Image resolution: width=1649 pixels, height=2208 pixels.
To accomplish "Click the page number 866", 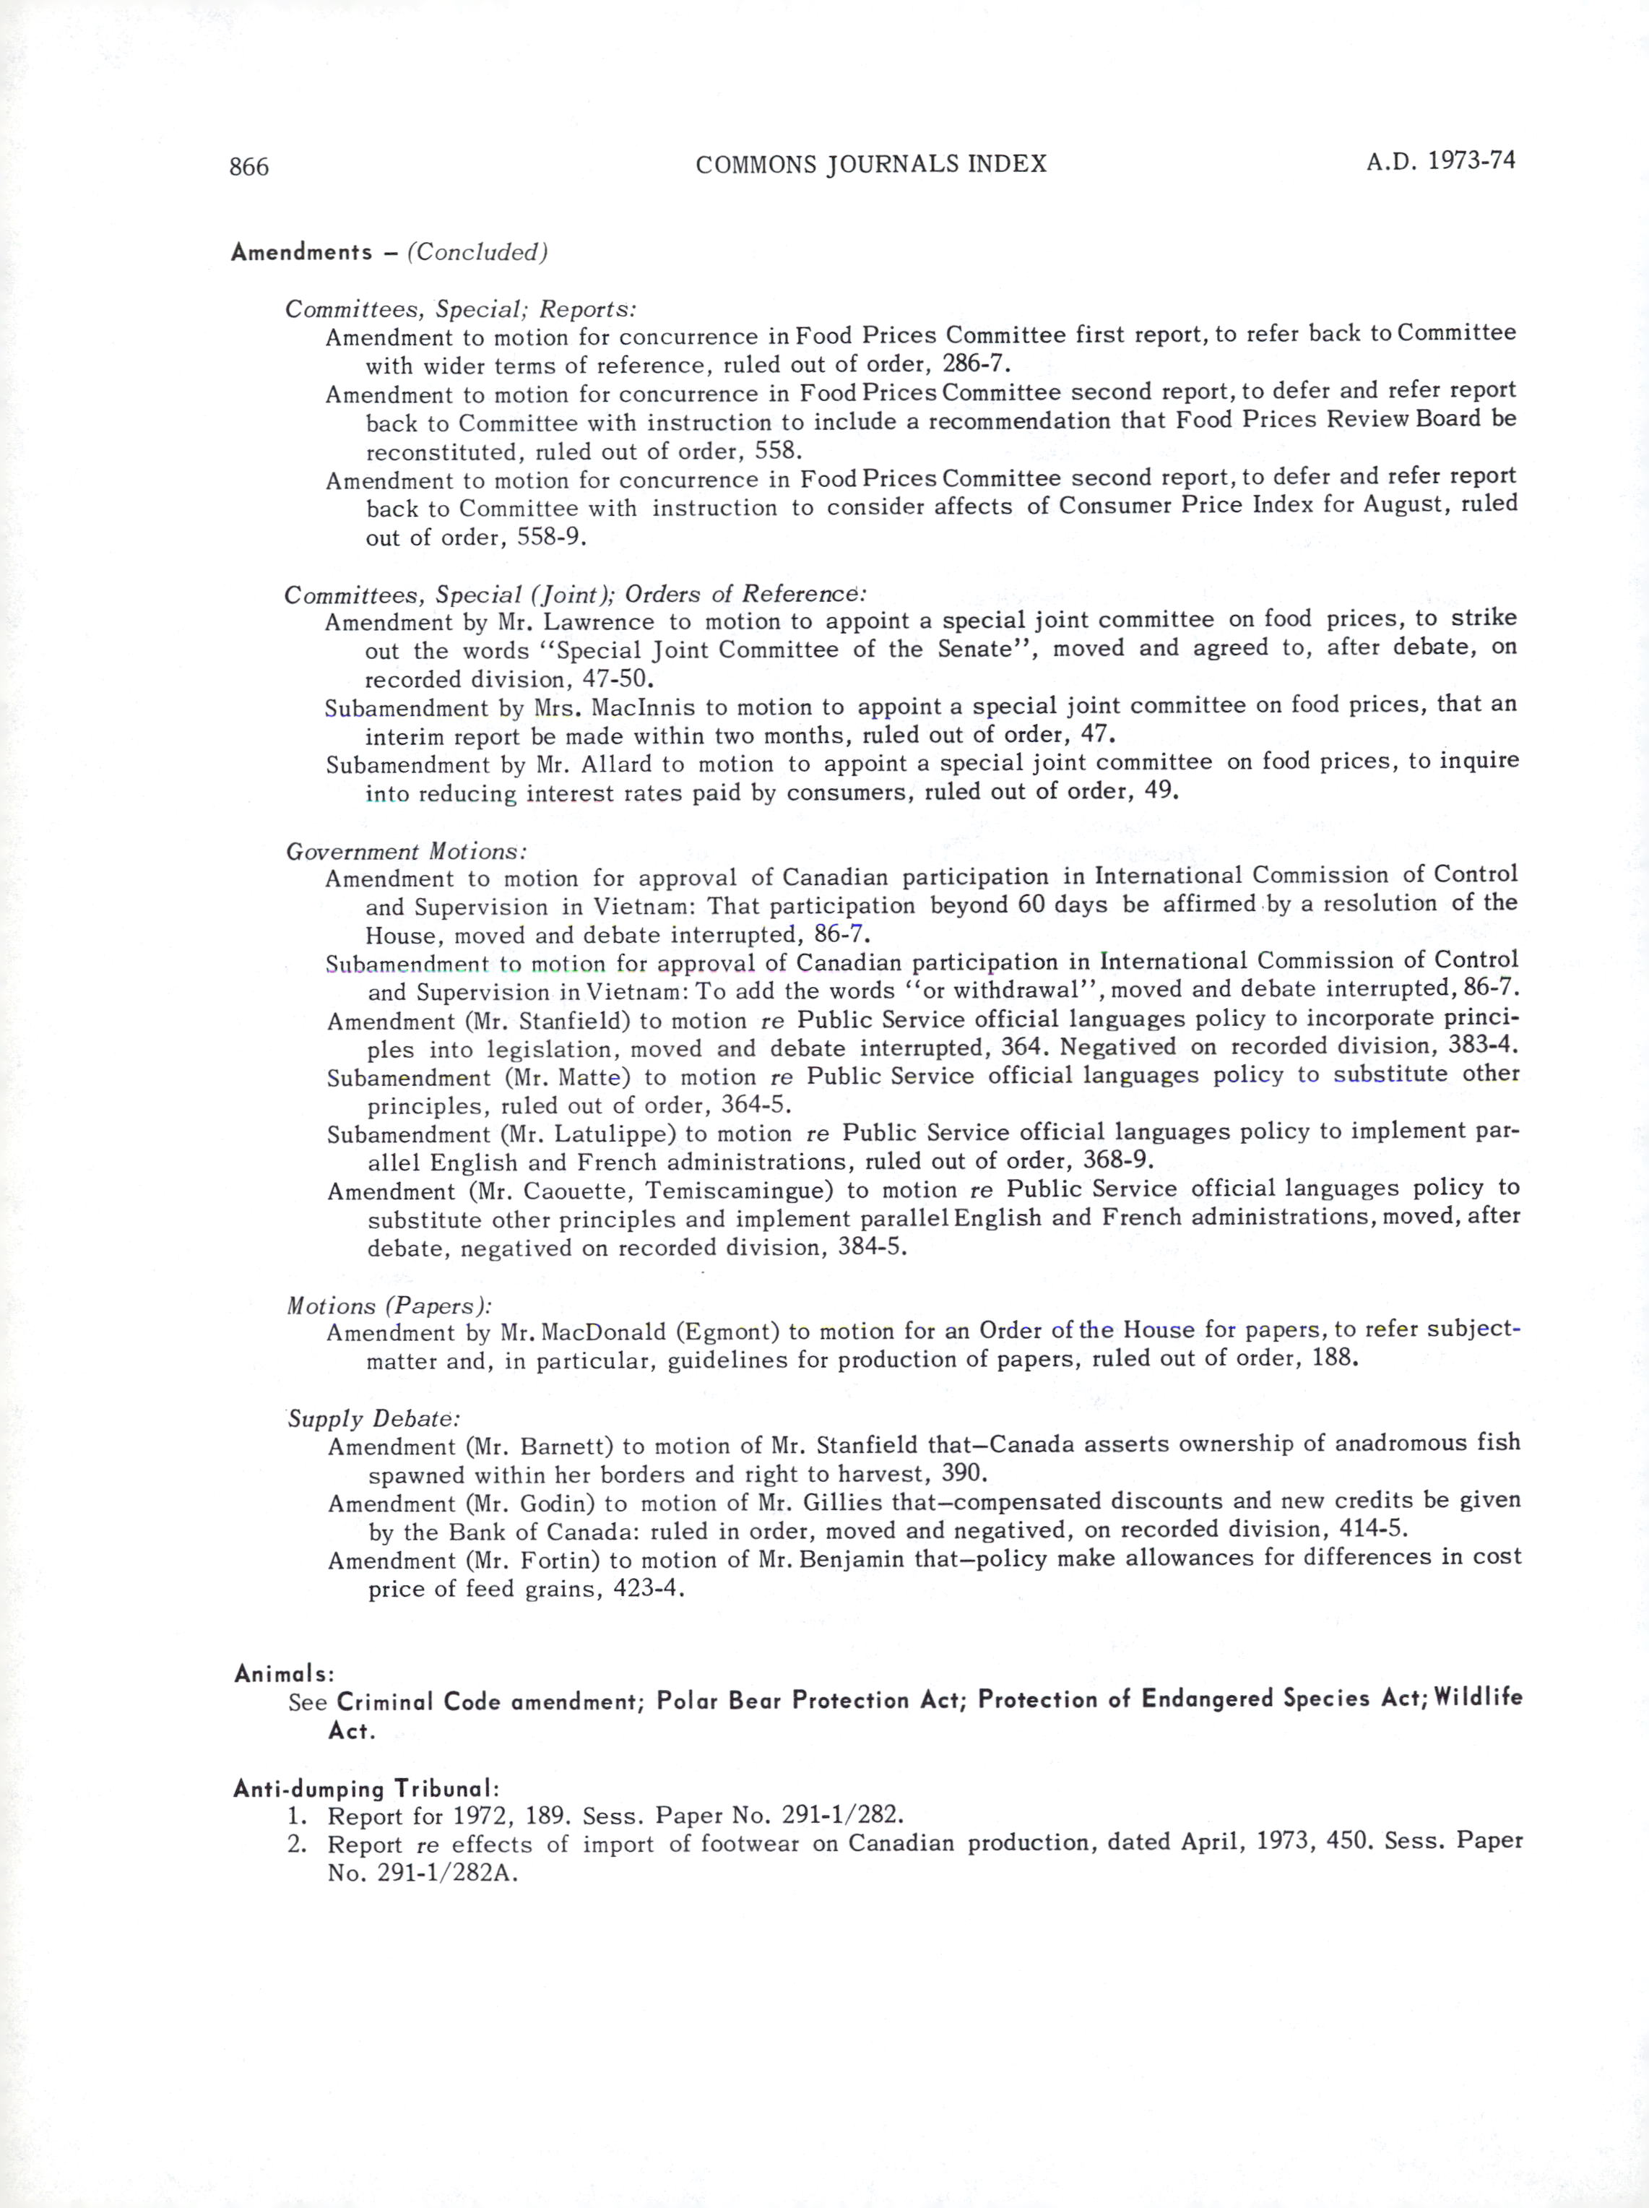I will (248, 167).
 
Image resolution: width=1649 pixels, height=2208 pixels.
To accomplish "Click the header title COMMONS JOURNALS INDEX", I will (870, 165).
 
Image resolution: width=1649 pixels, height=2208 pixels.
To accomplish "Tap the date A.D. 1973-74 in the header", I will (1440, 160).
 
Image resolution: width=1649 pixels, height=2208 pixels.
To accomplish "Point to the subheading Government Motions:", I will (405, 851).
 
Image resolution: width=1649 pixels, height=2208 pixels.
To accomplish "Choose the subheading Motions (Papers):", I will (389, 1306).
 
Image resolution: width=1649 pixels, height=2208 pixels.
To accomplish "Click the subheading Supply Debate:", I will (373, 1418).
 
